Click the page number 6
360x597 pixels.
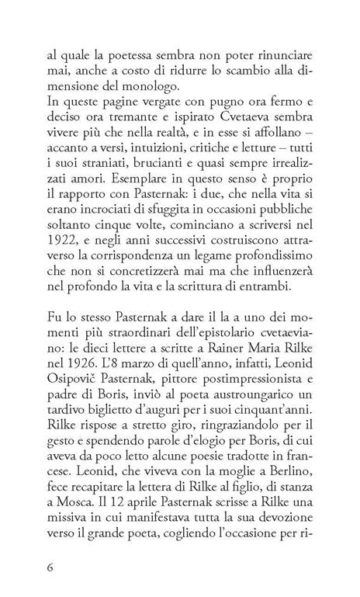[x=50, y=567]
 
